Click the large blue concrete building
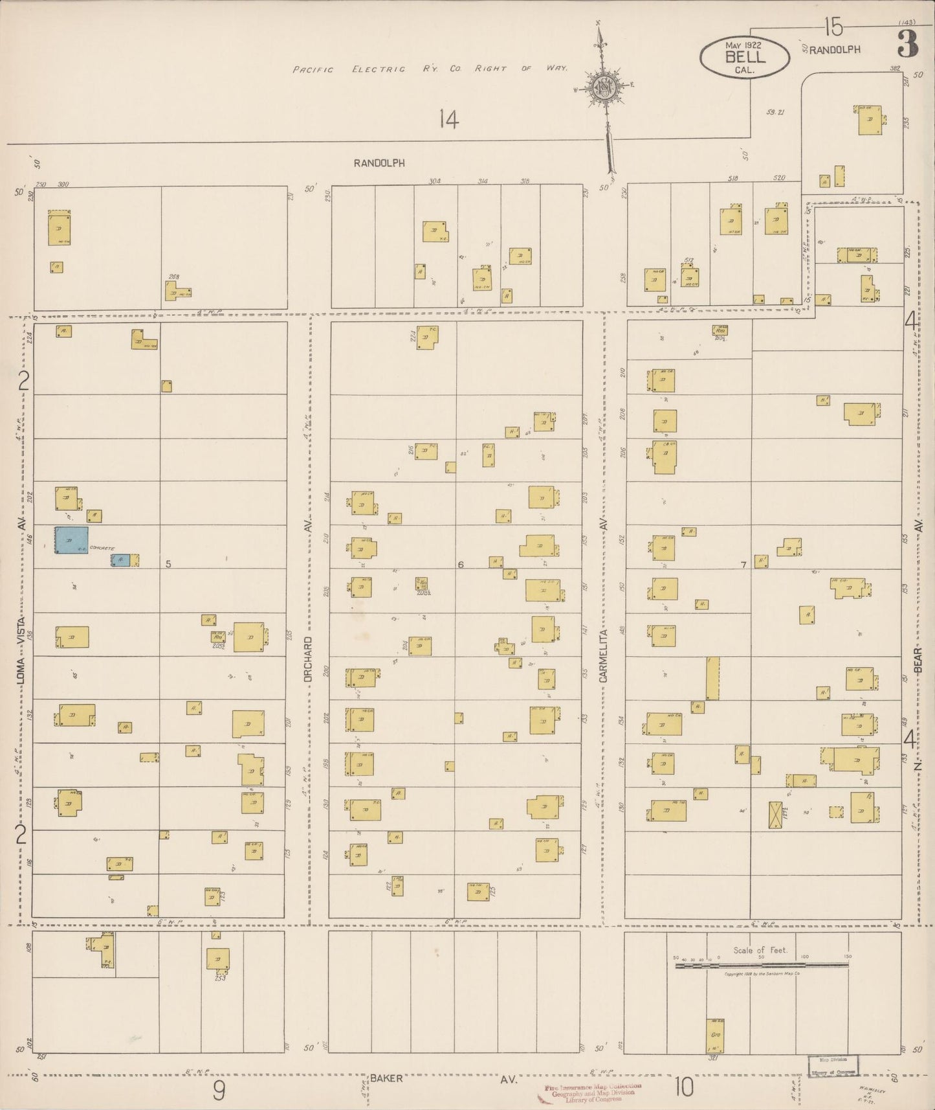pyautogui.click(x=71, y=539)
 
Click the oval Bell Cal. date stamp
pyautogui.click(x=744, y=56)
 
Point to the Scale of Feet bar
pyautogui.click(x=762, y=966)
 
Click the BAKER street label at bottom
pyautogui.click(x=387, y=1078)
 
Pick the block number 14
pyautogui.click(x=448, y=120)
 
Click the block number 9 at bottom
pyautogui.click(x=219, y=1092)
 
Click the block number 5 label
pyautogui.click(x=168, y=564)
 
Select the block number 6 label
pyautogui.click(x=461, y=565)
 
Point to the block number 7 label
pyautogui.click(x=743, y=565)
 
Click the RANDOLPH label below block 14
pyautogui.click(x=379, y=163)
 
